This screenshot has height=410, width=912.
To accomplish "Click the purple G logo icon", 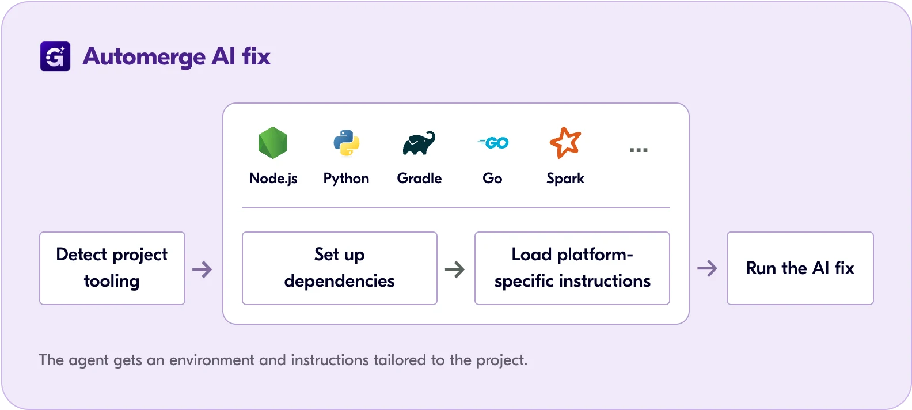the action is [x=55, y=56].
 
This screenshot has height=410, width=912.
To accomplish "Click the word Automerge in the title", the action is [x=144, y=57].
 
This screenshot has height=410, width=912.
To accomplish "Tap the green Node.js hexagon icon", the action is [x=273, y=142].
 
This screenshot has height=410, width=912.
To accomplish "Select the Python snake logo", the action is [x=347, y=143].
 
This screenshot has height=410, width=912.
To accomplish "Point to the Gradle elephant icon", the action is [x=419, y=143].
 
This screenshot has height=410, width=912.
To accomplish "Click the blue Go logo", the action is [x=493, y=142].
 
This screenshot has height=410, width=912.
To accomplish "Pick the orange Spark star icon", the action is [x=565, y=142].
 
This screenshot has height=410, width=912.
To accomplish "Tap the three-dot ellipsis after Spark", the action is [x=639, y=150].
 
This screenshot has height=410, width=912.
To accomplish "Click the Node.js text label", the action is [x=273, y=179].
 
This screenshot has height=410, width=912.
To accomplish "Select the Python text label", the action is [x=346, y=179].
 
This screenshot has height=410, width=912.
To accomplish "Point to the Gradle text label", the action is [x=419, y=179].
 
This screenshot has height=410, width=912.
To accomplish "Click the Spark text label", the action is [x=565, y=179].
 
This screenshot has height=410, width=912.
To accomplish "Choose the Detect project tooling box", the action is [x=112, y=268].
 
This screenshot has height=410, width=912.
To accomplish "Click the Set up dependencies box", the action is [x=340, y=268].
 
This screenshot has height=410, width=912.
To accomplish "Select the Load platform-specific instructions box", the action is [x=572, y=268].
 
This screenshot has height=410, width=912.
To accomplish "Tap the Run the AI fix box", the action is [x=800, y=268].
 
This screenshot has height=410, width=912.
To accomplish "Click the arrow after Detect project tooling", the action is [x=202, y=269].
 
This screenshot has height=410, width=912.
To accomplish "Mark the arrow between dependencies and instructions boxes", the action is [x=455, y=269].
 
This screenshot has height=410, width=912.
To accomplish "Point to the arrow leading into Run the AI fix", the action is [x=707, y=268].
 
